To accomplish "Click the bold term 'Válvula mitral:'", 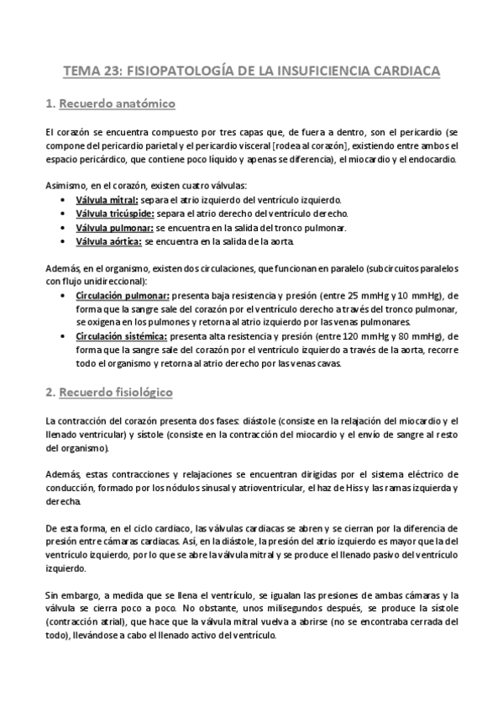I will tap(107, 200).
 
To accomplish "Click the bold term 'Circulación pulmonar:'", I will tap(123, 295).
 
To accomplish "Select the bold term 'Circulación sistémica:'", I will tap(123, 335).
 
